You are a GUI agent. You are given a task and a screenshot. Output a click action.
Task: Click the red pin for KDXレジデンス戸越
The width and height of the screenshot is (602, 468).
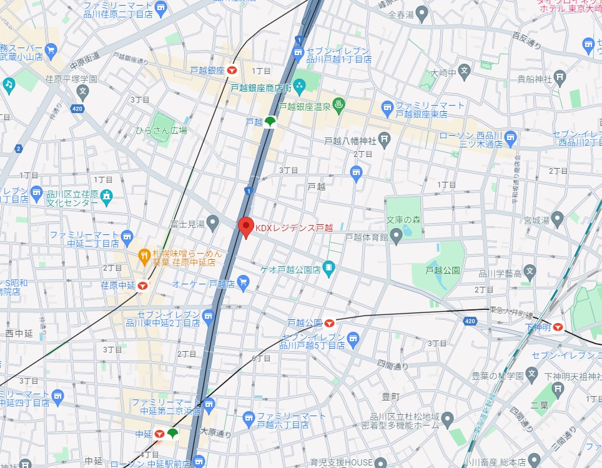[x=245, y=227]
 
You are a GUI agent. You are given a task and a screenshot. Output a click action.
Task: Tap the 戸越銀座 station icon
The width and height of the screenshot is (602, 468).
[x=232, y=71]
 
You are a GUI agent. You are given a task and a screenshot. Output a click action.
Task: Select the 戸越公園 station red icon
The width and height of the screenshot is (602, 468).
[x=329, y=323]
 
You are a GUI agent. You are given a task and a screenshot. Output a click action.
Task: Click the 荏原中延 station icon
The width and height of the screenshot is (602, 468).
[x=143, y=286]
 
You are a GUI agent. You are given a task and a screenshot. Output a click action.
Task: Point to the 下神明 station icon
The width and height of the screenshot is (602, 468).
[x=558, y=326]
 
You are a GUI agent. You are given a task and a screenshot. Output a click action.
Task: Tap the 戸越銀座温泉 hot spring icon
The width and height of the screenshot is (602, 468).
[x=338, y=104]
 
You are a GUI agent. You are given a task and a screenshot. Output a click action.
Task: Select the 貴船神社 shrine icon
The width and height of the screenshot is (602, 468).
[x=560, y=77]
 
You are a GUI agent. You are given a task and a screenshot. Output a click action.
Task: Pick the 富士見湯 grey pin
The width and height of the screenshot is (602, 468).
[x=213, y=222]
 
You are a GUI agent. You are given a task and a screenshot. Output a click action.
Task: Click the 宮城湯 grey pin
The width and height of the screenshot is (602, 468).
[x=557, y=218]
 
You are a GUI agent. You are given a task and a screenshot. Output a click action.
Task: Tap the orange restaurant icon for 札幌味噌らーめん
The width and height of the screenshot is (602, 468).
[x=144, y=255]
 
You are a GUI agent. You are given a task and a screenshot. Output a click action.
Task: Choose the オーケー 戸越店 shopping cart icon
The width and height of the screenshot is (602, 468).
[x=243, y=283]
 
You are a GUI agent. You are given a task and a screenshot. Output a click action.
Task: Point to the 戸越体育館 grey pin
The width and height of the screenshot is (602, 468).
[x=395, y=236]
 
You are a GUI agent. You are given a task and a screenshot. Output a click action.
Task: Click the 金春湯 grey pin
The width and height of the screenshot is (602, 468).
[x=422, y=12]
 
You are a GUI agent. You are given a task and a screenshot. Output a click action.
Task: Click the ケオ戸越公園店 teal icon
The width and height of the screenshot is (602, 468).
[x=329, y=269]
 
